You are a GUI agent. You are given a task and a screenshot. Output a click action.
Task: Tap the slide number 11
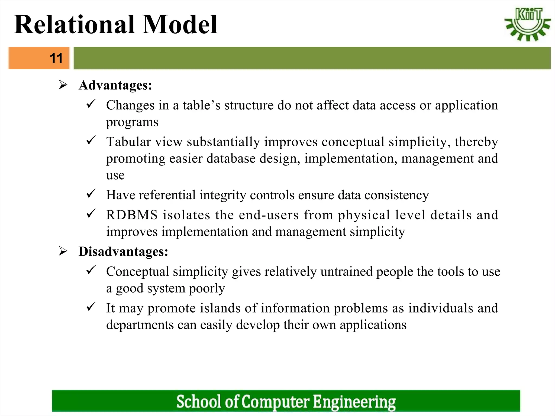tap(56, 58)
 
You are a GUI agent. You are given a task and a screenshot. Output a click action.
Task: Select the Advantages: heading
tap(115, 85)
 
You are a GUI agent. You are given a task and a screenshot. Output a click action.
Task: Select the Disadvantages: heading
tap(123, 252)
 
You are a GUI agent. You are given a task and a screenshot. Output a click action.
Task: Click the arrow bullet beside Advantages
tap(63, 85)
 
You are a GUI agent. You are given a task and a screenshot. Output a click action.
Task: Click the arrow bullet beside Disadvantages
tap(63, 251)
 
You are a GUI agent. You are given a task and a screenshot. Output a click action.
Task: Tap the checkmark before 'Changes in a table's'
tap(91, 104)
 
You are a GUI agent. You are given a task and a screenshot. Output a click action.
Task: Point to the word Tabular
tap(128, 142)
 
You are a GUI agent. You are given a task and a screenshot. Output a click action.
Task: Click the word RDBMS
tap(132, 215)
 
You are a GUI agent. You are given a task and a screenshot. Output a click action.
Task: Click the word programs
tap(132, 122)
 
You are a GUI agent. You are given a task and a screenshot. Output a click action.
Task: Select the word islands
tap(220, 308)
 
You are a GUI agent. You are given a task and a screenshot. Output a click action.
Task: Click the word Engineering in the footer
tap(354, 402)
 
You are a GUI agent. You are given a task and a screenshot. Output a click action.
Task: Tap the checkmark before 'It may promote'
tap(91, 307)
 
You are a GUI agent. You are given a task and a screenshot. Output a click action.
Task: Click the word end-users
tap(269, 215)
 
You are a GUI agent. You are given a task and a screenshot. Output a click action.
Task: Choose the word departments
tap(140, 325)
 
